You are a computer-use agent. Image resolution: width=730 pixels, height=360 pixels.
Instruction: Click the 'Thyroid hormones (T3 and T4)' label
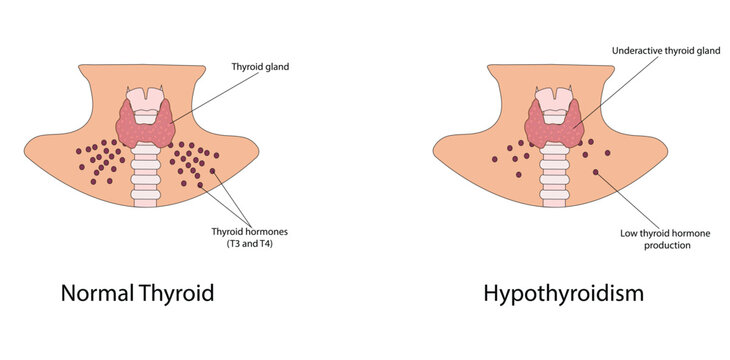[x=248, y=237]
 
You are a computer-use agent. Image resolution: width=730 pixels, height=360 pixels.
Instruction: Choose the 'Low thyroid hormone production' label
[x=664, y=238]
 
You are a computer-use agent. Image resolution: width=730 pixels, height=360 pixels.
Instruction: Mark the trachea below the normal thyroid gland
[x=147, y=175]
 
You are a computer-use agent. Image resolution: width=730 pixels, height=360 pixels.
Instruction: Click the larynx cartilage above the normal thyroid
[x=147, y=95]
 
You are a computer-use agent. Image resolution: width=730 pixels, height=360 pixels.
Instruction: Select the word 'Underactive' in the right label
[x=636, y=49]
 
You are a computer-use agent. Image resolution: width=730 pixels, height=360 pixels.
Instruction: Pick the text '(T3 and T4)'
[x=248, y=243]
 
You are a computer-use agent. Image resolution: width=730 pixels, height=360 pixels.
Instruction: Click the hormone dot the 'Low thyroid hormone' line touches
[x=598, y=174]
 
